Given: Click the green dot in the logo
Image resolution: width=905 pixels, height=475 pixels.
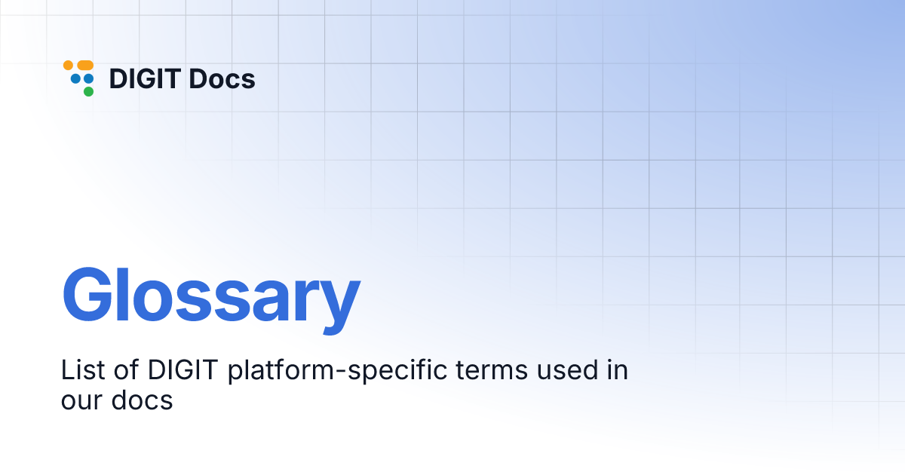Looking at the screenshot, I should (x=88, y=92).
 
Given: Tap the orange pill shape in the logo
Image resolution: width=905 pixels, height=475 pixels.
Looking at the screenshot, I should (x=85, y=66).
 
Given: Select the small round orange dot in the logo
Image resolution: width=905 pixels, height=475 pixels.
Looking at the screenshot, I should (x=68, y=66).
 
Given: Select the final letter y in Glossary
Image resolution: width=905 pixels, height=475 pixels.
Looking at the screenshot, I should (x=337, y=302).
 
